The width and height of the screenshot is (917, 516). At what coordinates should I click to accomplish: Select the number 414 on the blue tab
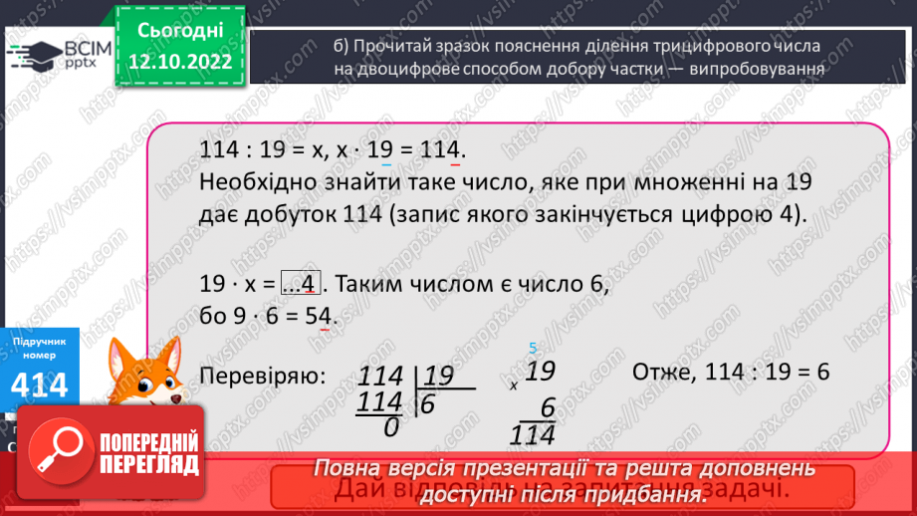[x=41, y=386]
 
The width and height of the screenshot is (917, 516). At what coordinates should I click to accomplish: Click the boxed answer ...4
[x=299, y=284]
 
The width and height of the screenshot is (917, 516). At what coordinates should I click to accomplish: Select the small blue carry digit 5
[x=533, y=348]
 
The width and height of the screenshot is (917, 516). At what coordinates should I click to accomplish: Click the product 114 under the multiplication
[x=534, y=434]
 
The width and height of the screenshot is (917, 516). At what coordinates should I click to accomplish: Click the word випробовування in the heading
[x=759, y=70]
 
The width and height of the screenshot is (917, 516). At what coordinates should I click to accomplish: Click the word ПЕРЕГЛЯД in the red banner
[x=149, y=463]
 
